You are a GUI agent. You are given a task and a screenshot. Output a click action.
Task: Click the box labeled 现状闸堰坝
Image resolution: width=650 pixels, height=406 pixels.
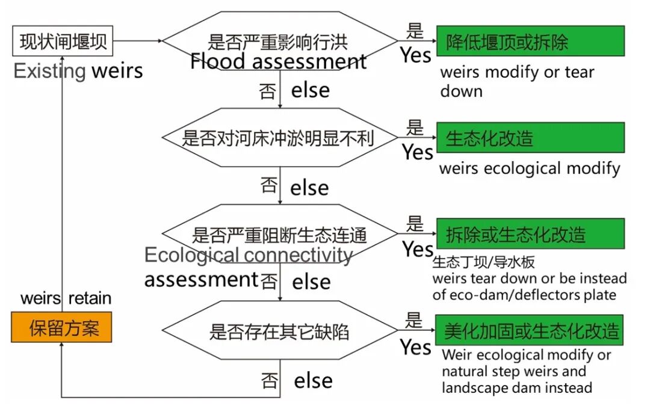point(63,42)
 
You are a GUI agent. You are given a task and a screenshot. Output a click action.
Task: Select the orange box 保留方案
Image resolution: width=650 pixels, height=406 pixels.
point(61,328)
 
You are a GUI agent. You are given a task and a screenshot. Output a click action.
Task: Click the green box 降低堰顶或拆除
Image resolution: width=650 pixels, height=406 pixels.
point(530,41)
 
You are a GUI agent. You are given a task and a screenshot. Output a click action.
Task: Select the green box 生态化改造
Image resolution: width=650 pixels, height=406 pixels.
point(530,138)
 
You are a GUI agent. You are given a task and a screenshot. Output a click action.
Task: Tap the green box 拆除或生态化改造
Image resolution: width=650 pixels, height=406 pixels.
point(530,234)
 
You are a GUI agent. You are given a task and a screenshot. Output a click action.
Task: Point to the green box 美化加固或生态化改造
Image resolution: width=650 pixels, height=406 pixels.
point(530,330)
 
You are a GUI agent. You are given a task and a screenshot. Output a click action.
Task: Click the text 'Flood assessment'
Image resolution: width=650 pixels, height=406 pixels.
point(278,61)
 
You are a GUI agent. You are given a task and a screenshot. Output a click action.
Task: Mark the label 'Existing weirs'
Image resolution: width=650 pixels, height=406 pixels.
point(78,71)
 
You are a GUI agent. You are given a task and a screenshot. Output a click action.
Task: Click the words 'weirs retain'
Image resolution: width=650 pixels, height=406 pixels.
point(66,298)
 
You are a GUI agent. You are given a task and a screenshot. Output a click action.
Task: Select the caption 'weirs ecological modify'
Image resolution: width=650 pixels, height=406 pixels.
point(530,168)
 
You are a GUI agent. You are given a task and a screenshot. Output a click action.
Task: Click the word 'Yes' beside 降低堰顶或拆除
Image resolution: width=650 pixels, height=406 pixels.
point(416,55)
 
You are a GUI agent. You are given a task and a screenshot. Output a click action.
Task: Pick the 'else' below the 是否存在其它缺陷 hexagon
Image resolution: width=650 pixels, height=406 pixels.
point(313,381)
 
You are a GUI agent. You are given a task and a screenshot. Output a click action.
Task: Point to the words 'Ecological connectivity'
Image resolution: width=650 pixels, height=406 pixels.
point(248,255)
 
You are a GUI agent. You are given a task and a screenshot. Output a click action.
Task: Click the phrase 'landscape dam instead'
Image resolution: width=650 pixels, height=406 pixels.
point(516,388)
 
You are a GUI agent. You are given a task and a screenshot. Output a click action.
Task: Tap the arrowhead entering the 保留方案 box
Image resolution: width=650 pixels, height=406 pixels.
point(61,346)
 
